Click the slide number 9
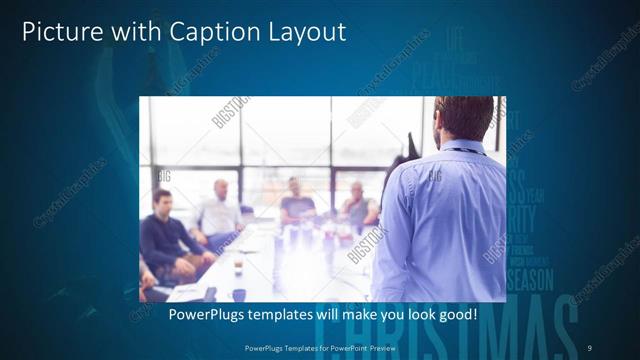coord(589,347)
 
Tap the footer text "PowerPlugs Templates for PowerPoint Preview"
coord(319,347)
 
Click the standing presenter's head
coord(463,118)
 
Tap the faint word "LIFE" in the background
coord(455,39)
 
